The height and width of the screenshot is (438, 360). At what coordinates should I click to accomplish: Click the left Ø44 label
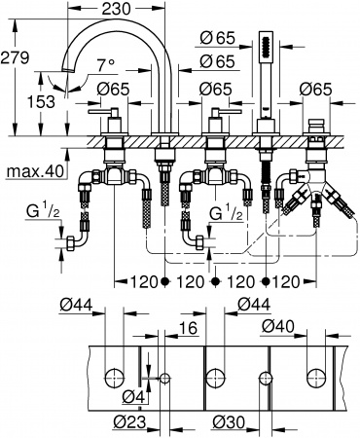coord(75,306)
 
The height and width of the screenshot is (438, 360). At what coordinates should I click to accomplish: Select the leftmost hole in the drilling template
coord(113,376)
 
